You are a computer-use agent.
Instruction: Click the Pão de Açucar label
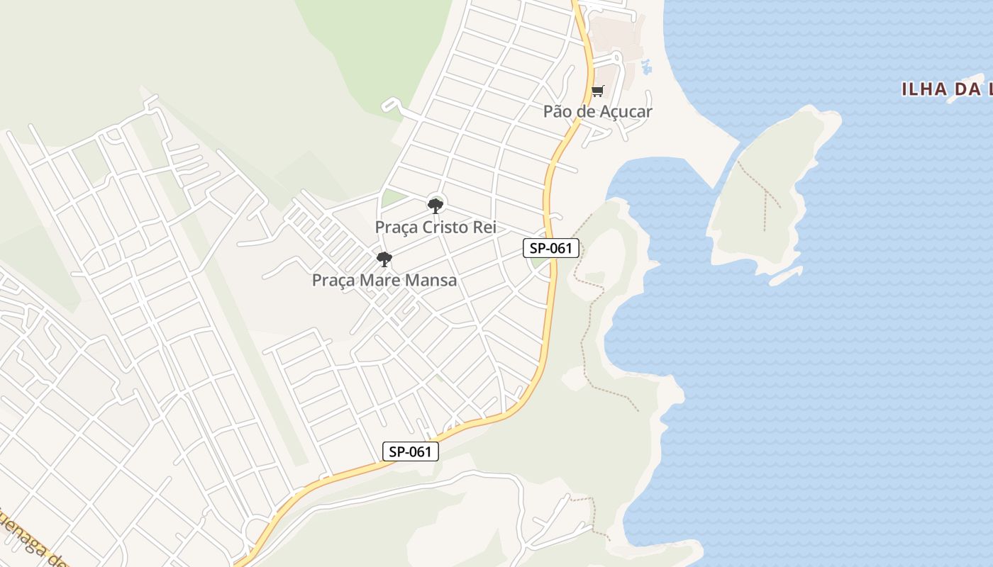tap(597, 111)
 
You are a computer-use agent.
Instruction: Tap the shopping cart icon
tap(597, 91)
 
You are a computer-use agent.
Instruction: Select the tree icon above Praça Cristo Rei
tap(436, 206)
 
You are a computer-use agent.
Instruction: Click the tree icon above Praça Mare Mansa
tap(384, 259)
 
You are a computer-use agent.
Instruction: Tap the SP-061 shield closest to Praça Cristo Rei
tap(551, 249)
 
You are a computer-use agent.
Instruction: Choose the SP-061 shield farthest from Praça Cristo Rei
tap(411, 451)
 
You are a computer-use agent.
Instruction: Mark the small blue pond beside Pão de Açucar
tap(645, 67)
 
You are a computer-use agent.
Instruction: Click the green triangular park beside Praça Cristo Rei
tap(392, 198)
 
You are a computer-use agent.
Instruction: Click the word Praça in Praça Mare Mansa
tap(333, 281)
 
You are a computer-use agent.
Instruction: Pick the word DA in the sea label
tap(965, 89)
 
